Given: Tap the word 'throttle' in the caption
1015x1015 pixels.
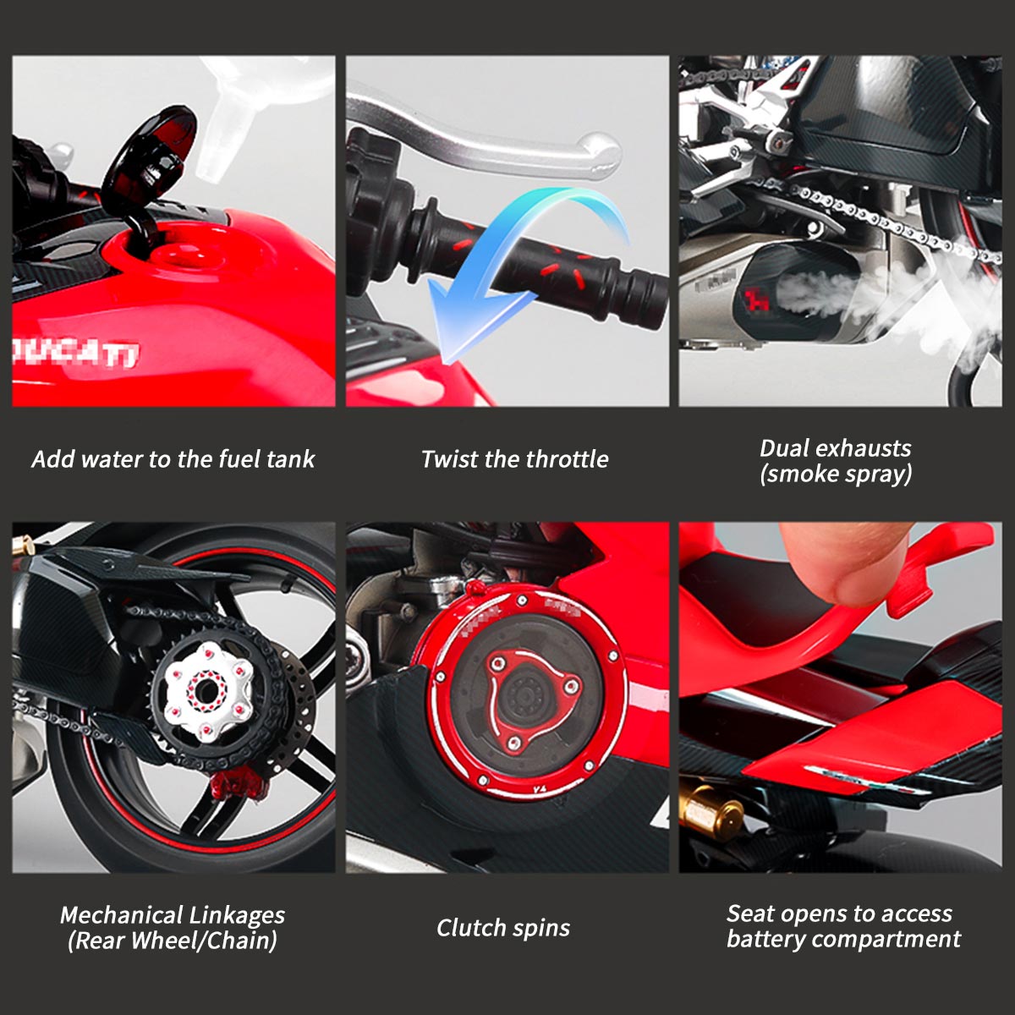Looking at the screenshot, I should (567, 459).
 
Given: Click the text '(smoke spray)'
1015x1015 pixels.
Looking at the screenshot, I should (836, 474).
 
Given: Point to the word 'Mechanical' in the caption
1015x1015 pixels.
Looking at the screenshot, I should (121, 915).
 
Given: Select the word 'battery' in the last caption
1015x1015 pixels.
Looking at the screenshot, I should (766, 939).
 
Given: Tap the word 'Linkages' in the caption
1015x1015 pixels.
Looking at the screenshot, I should (237, 915).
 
